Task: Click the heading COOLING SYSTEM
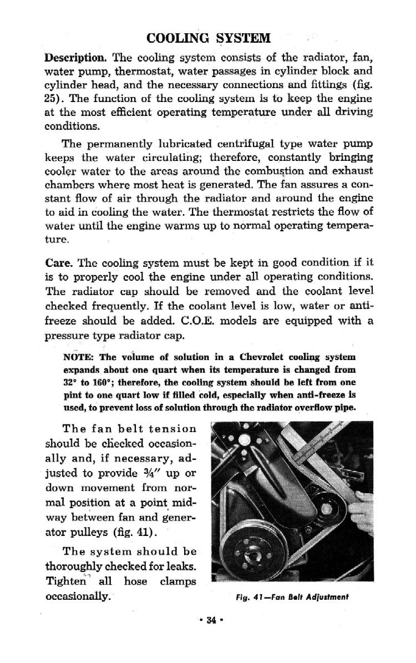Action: pos(208,38)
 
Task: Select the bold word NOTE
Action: pos(77,357)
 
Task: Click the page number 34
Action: pos(208,620)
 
